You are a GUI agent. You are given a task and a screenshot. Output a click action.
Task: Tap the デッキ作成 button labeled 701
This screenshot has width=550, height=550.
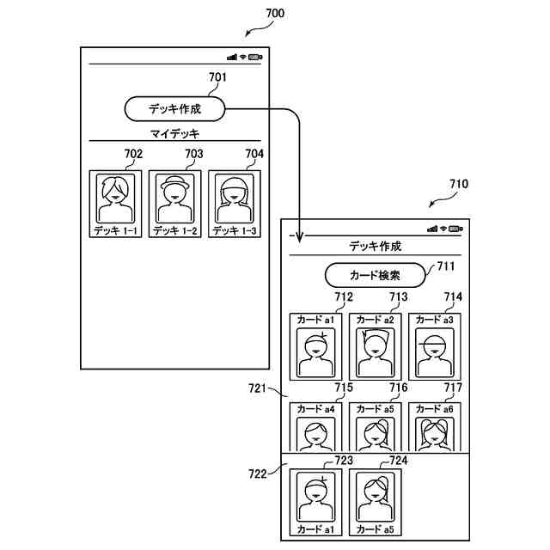pyautogui.click(x=174, y=109)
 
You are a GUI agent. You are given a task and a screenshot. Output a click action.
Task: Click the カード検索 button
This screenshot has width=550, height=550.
pyautogui.click(x=375, y=275)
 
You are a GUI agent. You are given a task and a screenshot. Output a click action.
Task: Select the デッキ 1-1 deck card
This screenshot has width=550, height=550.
pyautogui.click(x=115, y=204)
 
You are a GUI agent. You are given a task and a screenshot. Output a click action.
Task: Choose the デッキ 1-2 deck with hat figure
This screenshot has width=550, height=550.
pyautogui.click(x=175, y=204)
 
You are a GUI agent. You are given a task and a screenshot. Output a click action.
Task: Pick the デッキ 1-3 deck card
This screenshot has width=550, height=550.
pyautogui.click(x=235, y=204)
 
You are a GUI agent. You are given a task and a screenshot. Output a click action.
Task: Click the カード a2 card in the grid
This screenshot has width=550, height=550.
pyautogui.click(x=376, y=347)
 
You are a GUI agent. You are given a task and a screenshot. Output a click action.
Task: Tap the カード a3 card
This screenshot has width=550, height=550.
pyautogui.click(x=435, y=347)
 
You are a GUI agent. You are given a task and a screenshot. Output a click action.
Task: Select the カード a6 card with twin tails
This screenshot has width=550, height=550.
pyautogui.click(x=435, y=427)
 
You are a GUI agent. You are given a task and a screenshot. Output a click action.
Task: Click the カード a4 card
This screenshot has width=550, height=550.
pyautogui.click(x=315, y=427)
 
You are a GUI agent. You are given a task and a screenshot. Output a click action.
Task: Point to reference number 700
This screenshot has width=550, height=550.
pyautogui.click(x=275, y=14)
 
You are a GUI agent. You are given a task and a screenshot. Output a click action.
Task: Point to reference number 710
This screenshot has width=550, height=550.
pyautogui.click(x=459, y=184)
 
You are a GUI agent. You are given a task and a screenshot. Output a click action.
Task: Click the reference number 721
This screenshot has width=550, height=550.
pyautogui.click(x=258, y=388)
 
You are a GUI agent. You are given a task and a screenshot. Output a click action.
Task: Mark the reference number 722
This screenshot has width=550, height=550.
pyautogui.click(x=258, y=474)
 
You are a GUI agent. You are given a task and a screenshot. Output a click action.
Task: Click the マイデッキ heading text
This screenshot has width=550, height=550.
pyautogui.click(x=174, y=134)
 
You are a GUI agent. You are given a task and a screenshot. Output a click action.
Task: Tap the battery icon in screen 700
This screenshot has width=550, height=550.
pyautogui.click(x=255, y=58)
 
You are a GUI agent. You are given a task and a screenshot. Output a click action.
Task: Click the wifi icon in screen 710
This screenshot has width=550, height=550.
pyautogui.click(x=443, y=229)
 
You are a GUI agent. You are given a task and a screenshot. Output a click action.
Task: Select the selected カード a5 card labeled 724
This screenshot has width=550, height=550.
pyautogui.click(x=376, y=503)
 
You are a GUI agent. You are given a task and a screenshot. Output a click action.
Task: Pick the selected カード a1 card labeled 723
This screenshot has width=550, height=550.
pyautogui.click(x=315, y=503)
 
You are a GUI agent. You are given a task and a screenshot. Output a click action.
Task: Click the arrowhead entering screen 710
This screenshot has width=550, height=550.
pyautogui.click(x=299, y=237)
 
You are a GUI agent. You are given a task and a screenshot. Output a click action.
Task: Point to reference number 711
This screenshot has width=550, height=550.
pyautogui.click(x=446, y=266)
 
